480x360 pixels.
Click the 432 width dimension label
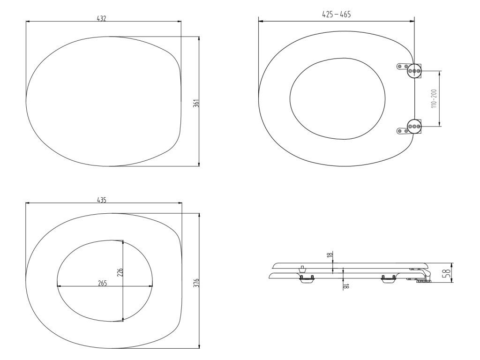(101, 18)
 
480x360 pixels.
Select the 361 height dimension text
(196, 103)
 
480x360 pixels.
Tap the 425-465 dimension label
(337, 14)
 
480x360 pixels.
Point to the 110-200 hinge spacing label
(434, 98)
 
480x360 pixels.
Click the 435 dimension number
(102, 200)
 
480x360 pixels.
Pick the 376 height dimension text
(196, 282)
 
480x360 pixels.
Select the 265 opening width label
(102, 283)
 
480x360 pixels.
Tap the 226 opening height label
(120, 272)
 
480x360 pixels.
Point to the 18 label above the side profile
(330, 255)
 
